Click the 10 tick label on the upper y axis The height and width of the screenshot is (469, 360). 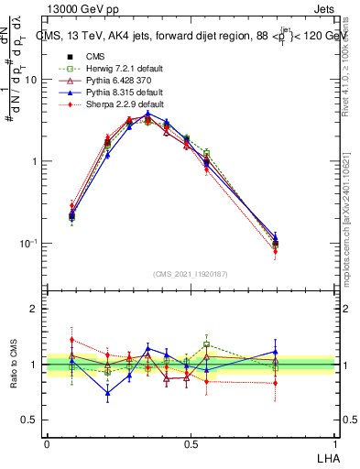(31, 80)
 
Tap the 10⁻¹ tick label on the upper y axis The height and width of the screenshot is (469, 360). (28, 243)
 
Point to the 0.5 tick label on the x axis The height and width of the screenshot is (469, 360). (191, 444)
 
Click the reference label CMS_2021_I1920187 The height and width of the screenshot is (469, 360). (191, 274)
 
